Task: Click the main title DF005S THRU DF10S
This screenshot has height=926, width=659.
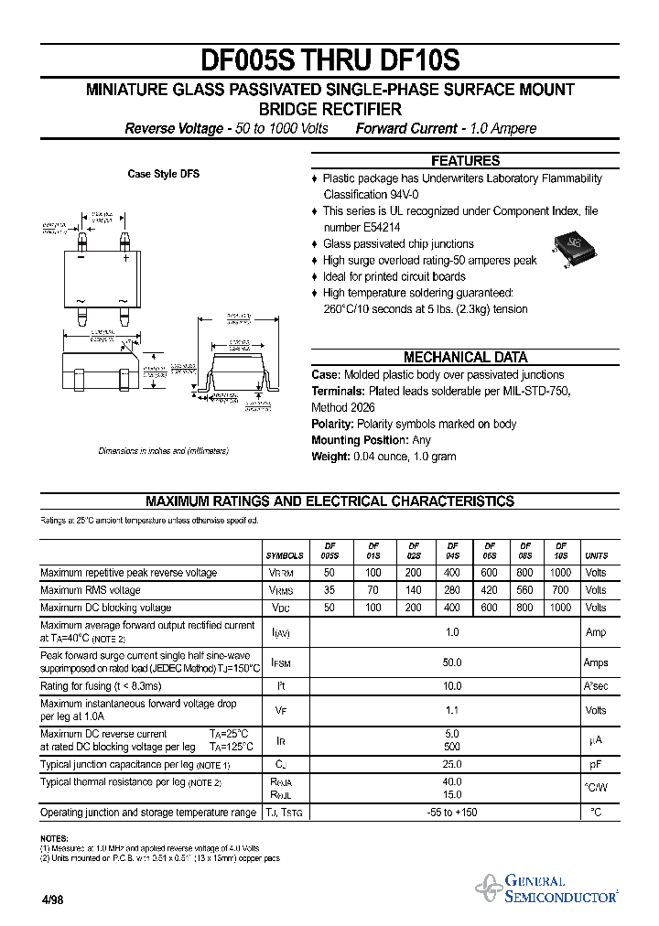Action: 329,60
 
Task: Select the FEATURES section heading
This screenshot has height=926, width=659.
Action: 465,160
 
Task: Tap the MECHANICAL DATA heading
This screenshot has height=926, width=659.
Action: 465,358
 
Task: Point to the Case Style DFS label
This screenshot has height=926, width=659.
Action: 163,174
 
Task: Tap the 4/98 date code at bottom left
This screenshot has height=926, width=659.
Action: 52,900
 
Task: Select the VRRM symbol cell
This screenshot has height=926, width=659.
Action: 286,573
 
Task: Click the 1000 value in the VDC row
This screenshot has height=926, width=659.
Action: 561,608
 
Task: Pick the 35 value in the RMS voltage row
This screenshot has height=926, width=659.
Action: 329,590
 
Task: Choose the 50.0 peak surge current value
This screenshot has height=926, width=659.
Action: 451,662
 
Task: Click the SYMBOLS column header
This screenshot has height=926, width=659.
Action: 285,555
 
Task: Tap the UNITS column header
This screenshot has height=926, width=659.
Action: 596,555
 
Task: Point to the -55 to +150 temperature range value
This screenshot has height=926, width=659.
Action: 451,813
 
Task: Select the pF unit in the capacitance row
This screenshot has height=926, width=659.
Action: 596,764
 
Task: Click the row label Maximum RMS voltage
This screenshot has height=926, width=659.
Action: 91,590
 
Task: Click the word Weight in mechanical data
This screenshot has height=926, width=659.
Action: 329,457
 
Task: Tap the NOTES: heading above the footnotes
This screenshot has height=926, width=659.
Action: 54,838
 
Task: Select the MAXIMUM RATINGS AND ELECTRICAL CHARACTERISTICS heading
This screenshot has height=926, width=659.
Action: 329,501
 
